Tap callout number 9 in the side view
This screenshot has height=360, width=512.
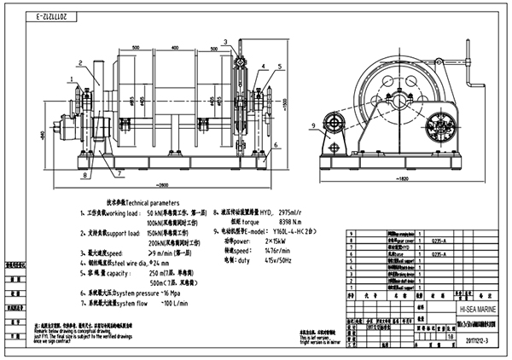click(313, 126)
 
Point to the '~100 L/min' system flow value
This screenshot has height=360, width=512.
click(174, 303)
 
